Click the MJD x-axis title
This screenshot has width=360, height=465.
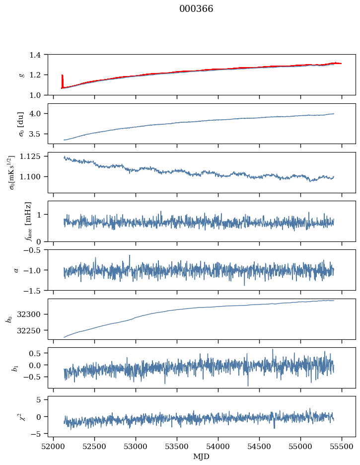pyautogui.click(x=202, y=456)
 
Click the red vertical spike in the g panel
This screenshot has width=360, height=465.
pyautogui.click(x=62, y=80)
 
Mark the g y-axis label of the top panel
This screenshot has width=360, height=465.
pyautogui.click(x=21, y=75)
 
